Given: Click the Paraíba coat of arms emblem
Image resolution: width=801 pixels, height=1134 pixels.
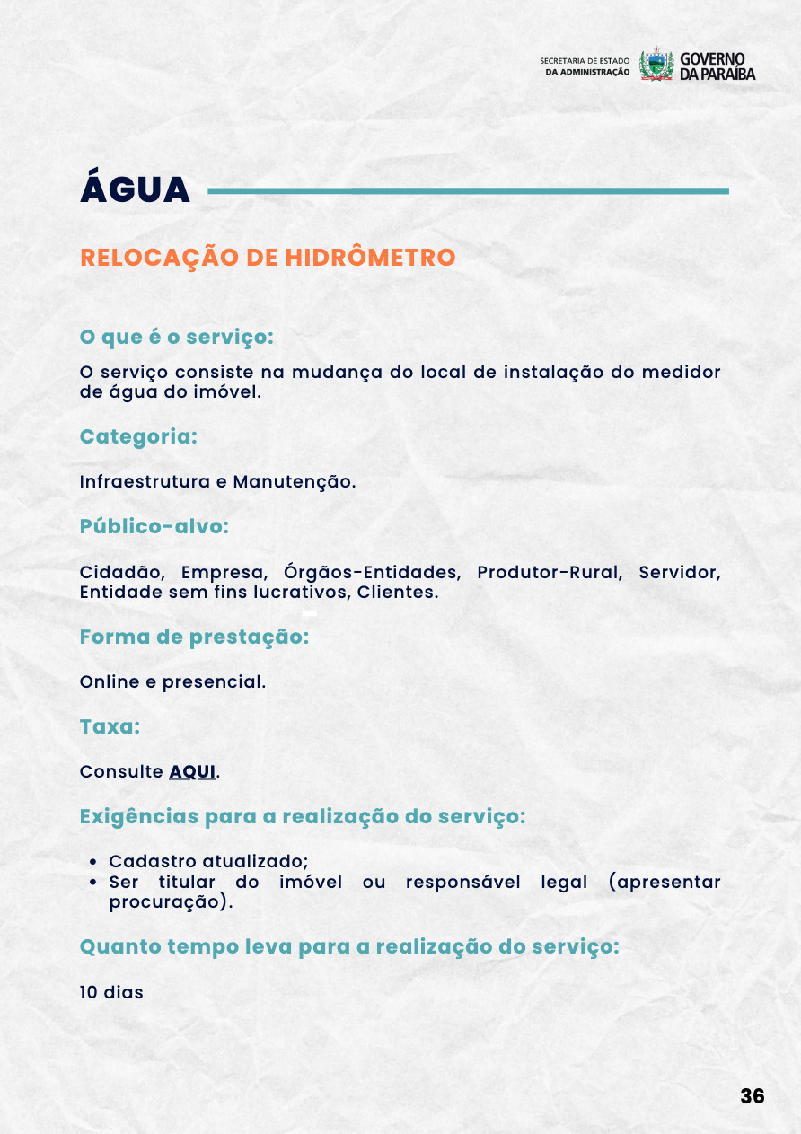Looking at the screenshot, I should coord(656,65).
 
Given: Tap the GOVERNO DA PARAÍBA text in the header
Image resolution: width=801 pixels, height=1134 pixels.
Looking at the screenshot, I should coord(717,66).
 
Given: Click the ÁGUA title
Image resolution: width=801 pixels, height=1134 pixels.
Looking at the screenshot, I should coord(135,189).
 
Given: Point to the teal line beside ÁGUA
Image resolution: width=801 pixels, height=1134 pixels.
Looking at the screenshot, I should coord(467,190).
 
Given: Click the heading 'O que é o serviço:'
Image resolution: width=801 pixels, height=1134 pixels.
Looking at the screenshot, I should coord(176,337).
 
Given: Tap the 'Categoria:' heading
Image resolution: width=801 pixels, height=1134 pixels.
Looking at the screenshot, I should coord(138,436).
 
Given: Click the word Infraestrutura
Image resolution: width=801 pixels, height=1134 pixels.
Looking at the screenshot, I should coord(145,481).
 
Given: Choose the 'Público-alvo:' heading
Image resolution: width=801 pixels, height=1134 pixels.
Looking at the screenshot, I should coord(154,526).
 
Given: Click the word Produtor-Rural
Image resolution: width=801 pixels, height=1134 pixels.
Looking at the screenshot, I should coord(549,573).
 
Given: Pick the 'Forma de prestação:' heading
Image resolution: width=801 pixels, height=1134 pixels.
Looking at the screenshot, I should coord(194,637).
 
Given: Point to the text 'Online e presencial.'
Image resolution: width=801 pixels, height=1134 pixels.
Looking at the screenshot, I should coord(172,681).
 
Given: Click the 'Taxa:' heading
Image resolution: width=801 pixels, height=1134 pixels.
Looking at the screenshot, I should coord(110,726).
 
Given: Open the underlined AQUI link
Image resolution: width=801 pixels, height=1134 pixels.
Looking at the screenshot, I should coord(192,771).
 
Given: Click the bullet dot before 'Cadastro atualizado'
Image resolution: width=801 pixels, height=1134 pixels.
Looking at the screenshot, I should coord(94,862).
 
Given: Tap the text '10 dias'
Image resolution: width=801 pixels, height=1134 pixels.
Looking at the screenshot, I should coord(111,992).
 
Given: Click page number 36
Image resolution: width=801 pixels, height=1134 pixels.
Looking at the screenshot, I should coord(752,1096).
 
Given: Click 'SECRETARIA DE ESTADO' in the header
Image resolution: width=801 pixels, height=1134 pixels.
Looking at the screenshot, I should coord(585,60).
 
